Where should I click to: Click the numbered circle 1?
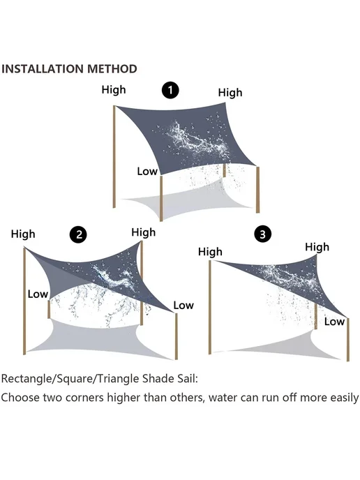[x=170, y=90]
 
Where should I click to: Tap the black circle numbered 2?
[x=78, y=235]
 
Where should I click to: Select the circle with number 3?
[x=263, y=234]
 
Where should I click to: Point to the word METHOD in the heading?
[x=112, y=69]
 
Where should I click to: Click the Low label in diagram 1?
[x=147, y=172]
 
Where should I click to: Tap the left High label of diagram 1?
[x=114, y=90]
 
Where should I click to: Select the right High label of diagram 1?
[x=230, y=93]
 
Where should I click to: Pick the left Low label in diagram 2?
[x=38, y=294]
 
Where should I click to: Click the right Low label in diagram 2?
[x=183, y=305]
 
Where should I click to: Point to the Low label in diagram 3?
[x=335, y=322]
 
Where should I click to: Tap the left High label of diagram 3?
[x=210, y=252]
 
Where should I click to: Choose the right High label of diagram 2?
[x=144, y=232]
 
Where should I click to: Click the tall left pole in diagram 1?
[x=114, y=157]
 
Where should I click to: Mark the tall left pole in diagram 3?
[x=210, y=308]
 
